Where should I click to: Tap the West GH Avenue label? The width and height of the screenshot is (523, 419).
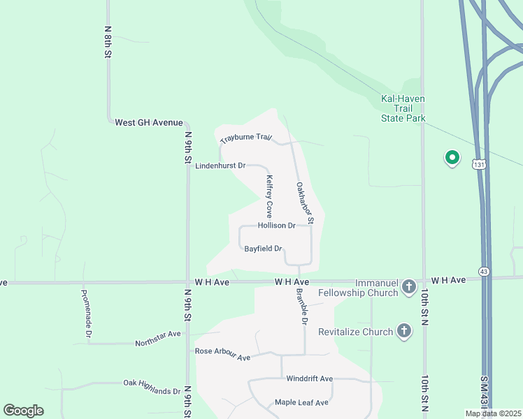(x=148, y=122)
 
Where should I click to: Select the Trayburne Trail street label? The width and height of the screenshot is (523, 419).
(x=245, y=138)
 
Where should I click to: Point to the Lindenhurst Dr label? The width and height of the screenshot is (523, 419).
(x=220, y=166)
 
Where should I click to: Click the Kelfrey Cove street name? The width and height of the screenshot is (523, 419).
(x=268, y=196)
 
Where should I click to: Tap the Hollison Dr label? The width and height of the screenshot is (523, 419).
(x=277, y=226)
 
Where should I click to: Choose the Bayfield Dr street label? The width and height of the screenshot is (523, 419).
(x=263, y=249)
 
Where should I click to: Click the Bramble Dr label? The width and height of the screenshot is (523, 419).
(x=302, y=307)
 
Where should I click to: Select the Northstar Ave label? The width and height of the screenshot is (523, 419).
(x=158, y=335)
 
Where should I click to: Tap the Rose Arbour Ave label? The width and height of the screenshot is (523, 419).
(x=222, y=354)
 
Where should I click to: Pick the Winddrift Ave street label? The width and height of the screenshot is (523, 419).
(x=310, y=378)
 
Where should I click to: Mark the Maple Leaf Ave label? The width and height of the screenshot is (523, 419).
(x=301, y=402)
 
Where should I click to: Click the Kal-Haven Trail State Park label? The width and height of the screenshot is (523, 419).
(x=403, y=108)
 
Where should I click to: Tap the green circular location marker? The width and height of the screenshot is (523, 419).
(x=452, y=158)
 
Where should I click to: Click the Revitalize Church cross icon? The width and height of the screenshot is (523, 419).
(x=403, y=331)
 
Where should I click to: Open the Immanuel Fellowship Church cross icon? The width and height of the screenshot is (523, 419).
(x=409, y=287)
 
